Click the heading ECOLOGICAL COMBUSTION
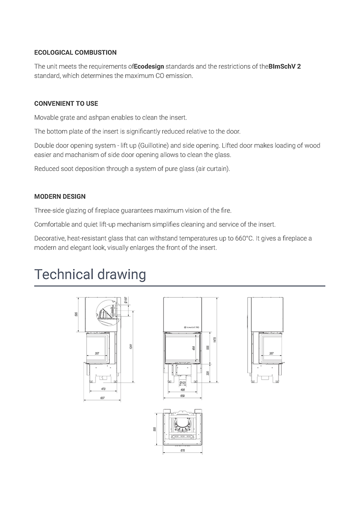75,53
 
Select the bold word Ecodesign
149,67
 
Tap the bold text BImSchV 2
284,67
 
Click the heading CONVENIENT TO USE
66,103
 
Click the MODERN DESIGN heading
60,196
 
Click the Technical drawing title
90,274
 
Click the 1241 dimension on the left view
132,346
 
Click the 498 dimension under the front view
183,389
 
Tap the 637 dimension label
102,398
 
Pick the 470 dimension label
103,389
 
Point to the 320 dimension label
207,373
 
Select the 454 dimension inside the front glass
194,348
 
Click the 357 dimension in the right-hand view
271,353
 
